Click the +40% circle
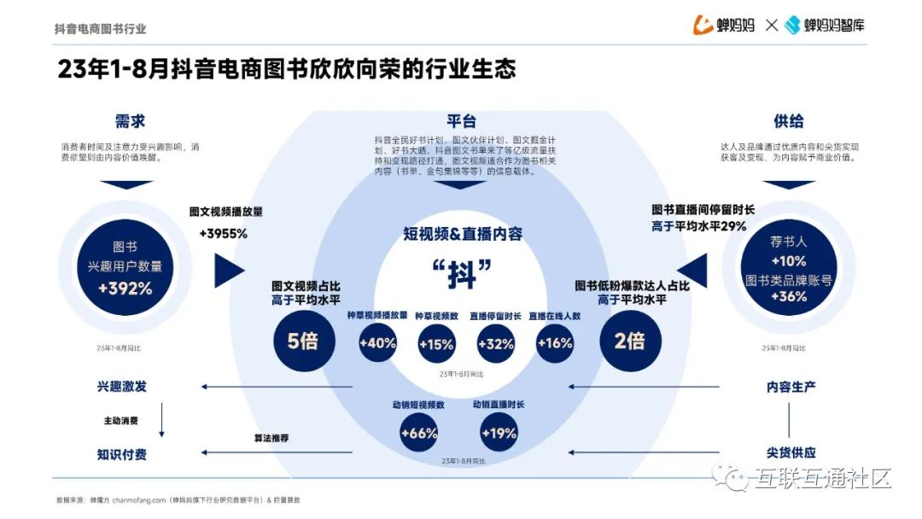(377, 343)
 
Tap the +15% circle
(436, 344)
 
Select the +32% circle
(496, 344)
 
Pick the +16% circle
(554, 343)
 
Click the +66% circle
(418, 433)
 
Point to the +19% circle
(499, 433)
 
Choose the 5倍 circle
(302, 341)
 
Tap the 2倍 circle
(629, 341)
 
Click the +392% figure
(125, 289)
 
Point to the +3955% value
(223, 233)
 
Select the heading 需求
(130, 121)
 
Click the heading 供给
(788, 121)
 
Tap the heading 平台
(461, 121)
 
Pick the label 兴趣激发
(121, 387)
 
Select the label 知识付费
(121, 454)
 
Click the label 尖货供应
(791, 452)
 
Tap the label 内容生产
(791, 387)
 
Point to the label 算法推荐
(271, 438)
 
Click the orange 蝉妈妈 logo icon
(703, 25)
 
